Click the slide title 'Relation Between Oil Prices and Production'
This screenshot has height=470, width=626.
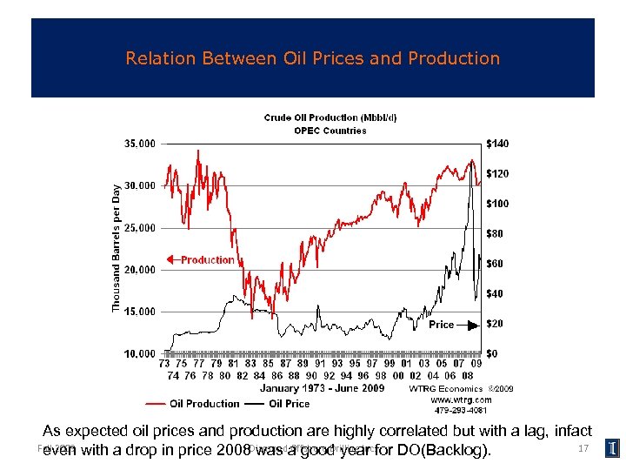coord(313,59)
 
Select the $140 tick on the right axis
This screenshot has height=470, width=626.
coord(498,143)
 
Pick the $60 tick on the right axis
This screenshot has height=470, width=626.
coord(496,263)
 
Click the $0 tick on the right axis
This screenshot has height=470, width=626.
coord(492,353)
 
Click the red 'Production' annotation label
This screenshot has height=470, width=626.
coord(207,259)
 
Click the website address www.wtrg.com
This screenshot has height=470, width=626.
coord(456,400)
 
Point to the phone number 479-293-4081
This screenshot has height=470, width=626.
coord(456,410)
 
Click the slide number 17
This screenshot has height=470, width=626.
coord(583,448)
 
